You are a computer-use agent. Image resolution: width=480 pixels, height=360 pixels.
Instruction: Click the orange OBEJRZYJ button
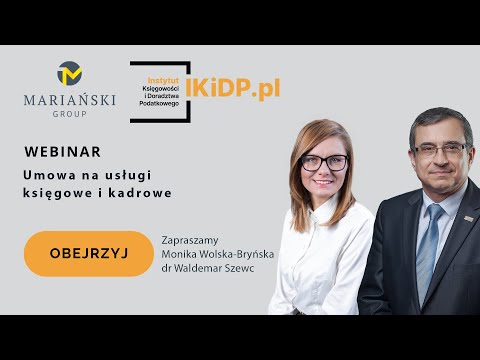pyautogui.click(x=88, y=253)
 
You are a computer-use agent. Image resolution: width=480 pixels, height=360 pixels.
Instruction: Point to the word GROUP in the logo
pyautogui.click(x=71, y=114)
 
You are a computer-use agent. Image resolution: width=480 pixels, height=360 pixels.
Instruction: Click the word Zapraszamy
pyautogui.click(x=190, y=240)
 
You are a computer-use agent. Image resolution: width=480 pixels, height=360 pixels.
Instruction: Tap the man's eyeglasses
pyautogui.click(x=437, y=149)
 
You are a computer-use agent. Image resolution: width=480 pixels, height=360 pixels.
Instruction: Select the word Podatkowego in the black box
pyautogui.click(x=162, y=104)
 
